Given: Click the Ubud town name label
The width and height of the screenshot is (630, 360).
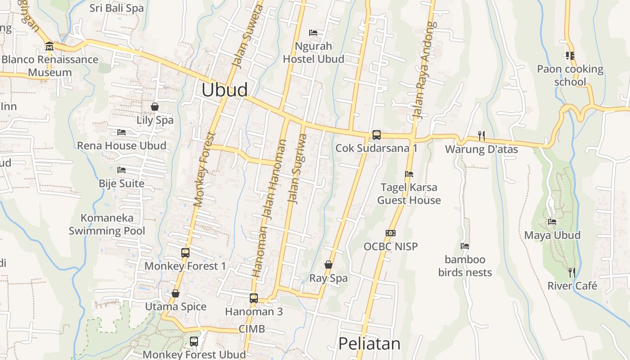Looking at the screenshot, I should (x=224, y=90).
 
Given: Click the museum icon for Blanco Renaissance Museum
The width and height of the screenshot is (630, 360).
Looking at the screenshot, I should (x=49, y=46).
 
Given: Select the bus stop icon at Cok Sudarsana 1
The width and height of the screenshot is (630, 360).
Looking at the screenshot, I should (x=376, y=135).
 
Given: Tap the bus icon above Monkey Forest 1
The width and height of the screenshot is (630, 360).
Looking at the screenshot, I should (x=185, y=252).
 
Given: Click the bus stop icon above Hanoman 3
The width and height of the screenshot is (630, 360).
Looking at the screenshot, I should (x=254, y=298).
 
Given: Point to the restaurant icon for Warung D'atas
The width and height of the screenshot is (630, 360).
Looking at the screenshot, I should (x=481, y=135).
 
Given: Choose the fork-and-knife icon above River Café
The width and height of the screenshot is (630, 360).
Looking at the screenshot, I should (x=571, y=272).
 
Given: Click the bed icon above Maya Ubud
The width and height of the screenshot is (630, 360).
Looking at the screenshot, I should (x=552, y=221).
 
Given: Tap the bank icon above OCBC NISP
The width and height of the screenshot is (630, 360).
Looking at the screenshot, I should (x=390, y=233).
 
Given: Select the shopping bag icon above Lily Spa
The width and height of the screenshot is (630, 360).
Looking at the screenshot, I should (x=155, y=107).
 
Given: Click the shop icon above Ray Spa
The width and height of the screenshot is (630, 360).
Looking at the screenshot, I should (x=328, y=265).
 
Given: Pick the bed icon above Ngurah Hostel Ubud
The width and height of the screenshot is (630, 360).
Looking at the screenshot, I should (x=313, y=32).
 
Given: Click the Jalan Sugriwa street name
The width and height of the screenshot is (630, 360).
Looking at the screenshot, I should (x=298, y=169).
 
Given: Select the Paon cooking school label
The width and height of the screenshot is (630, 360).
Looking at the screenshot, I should (x=570, y=75).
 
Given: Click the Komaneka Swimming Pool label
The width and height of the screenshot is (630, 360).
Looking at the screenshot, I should (x=107, y=225).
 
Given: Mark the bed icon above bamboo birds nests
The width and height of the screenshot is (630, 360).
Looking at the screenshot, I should (x=465, y=246).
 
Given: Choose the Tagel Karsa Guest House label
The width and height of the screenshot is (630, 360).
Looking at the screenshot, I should (x=409, y=193).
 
